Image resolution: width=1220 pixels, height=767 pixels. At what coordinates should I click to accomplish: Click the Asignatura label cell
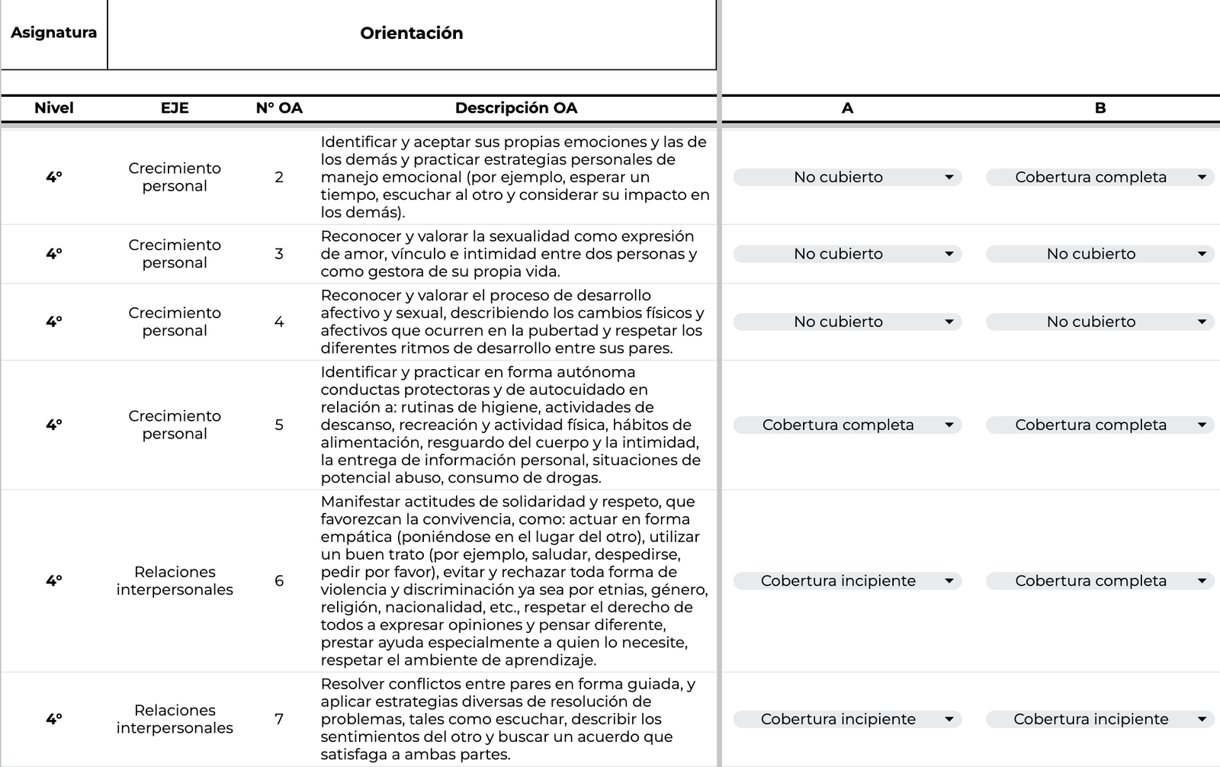(53, 33)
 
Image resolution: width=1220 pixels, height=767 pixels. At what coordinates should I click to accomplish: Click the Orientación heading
(411, 33)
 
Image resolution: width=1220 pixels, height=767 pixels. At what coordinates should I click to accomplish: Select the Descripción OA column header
(516, 108)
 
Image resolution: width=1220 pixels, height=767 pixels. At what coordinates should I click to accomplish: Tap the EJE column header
(175, 108)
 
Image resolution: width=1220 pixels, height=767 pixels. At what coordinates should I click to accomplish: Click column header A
(847, 108)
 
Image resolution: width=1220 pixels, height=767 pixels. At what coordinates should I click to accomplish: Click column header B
(1100, 108)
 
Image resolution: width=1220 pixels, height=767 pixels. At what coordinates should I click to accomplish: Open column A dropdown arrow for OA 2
(949, 178)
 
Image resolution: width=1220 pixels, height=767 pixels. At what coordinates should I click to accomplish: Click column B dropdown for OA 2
(1100, 178)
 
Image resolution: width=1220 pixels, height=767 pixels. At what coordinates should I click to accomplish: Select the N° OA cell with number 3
(279, 254)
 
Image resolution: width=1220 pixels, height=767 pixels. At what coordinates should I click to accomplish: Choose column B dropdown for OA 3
(1100, 254)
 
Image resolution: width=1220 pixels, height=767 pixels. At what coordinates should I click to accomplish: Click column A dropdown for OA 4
(847, 322)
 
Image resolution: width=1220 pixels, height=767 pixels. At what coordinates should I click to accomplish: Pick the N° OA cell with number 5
(279, 425)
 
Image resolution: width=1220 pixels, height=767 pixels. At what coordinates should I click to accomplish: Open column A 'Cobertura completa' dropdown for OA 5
(847, 425)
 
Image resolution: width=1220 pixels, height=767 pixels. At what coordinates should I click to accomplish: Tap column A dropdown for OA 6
(847, 581)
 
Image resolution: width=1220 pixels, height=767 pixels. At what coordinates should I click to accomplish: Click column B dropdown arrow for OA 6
(1202, 581)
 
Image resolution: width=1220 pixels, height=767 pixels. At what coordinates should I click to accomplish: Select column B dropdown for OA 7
(1100, 719)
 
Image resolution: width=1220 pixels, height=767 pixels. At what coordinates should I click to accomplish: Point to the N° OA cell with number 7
(279, 719)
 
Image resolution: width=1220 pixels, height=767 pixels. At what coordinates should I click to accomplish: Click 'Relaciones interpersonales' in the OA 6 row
(175, 581)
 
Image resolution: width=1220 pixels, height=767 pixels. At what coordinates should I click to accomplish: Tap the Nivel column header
(53, 108)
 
